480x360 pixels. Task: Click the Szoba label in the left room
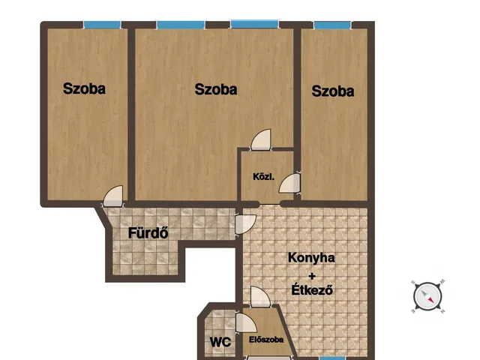pyautogui.click(x=84, y=89)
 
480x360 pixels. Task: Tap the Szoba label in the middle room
pyautogui.click(x=215, y=89)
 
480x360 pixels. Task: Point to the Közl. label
pyautogui.click(x=263, y=177)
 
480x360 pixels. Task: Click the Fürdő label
pyautogui.click(x=147, y=232)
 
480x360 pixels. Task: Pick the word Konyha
pyautogui.click(x=311, y=258)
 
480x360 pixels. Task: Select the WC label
pyautogui.click(x=219, y=342)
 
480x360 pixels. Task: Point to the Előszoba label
pyautogui.click(x=266, y=340)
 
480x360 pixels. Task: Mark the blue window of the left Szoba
pyautogui.click(x=102, y=25)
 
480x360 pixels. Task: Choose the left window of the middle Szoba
pyautogui.click(x=180, y=25)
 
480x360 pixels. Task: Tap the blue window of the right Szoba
pyautogui.click(x=333, y=25)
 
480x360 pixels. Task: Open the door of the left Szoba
pyautogui.click(x=113, y=196)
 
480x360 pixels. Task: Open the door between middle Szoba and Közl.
pyautogui.click(x=260, y=139)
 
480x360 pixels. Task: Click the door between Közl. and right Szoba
pyautogui.click(x=290, y=184)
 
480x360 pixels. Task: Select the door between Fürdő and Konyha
pyautogui.click(x=246, y=223)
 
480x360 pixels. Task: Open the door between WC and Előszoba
pyautogui.click(x=244, y=323)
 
